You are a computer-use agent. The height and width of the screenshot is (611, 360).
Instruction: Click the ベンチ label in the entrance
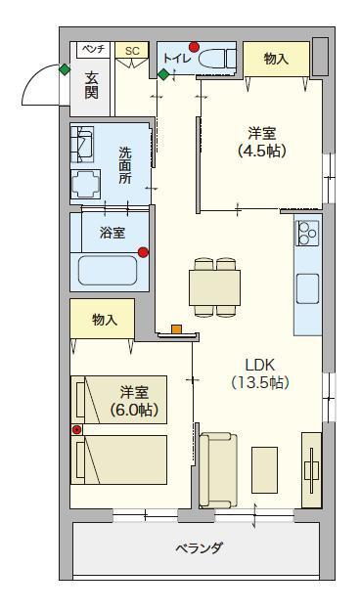93,49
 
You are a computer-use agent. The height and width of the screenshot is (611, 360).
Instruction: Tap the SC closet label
133,51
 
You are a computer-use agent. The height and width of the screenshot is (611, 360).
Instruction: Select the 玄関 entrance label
91,86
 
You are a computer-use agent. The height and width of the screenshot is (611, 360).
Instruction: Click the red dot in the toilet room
194,47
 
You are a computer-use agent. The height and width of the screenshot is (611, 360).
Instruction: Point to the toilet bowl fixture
217,59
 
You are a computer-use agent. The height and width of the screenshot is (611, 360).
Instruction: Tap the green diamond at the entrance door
65,69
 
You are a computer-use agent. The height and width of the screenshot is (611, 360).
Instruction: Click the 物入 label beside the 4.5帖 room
276,59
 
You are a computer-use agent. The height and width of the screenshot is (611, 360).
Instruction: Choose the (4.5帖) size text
262,151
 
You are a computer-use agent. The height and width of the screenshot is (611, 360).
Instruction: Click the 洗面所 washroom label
125,165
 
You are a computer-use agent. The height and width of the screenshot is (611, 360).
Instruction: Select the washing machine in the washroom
82,144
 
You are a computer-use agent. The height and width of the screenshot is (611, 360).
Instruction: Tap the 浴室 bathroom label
112,233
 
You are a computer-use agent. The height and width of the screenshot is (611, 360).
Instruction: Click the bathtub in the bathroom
108,270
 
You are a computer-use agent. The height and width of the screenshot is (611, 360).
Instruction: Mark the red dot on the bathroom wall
144,252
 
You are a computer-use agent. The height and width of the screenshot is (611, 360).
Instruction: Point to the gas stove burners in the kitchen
308,233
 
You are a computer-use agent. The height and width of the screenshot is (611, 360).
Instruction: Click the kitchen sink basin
307,288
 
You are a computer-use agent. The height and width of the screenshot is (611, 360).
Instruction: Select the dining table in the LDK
214,287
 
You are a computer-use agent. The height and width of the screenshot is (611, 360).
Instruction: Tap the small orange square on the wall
177,329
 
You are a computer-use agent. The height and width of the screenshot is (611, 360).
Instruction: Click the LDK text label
260,365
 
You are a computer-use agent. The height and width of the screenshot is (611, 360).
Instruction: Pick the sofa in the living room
217,470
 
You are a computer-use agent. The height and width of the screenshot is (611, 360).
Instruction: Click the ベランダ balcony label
199,547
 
